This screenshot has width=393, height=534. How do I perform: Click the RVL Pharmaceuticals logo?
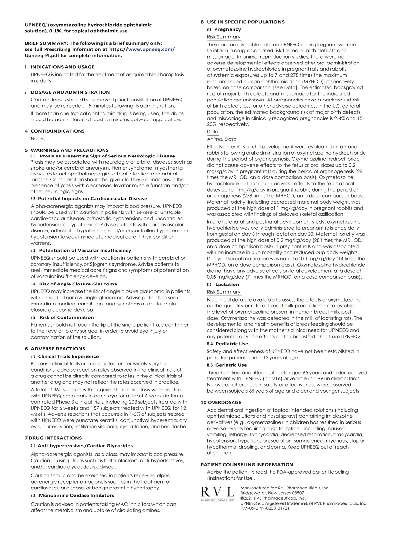[x=217, y=494]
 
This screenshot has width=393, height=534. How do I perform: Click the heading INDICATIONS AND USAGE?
[x=63, y=67]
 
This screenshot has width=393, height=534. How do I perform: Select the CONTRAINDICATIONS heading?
[x=58, y=131]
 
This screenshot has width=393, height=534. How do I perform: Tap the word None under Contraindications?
[x=38, y=138]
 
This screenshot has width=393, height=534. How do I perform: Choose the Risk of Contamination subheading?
[x=66, y=318]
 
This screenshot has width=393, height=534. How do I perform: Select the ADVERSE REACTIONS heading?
[x=58, y=349]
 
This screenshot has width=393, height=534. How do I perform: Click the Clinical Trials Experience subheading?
[x=68, y=357]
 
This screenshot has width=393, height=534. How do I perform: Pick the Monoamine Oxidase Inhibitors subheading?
[x=76, y=496]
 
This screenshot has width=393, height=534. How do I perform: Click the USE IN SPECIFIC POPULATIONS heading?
[x=245, y=22]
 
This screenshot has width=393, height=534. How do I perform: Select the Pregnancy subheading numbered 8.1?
[x=228, y=29]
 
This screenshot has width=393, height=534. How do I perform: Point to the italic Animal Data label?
[x=222, y=139]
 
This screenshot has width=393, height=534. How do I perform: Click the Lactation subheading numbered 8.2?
[x=227, y=285]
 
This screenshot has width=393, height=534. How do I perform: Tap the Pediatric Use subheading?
[x=232, y=344]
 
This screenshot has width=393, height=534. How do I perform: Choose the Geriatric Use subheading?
[x=231, y=365]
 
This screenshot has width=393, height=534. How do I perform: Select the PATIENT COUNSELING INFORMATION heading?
[x=247, y=465]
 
